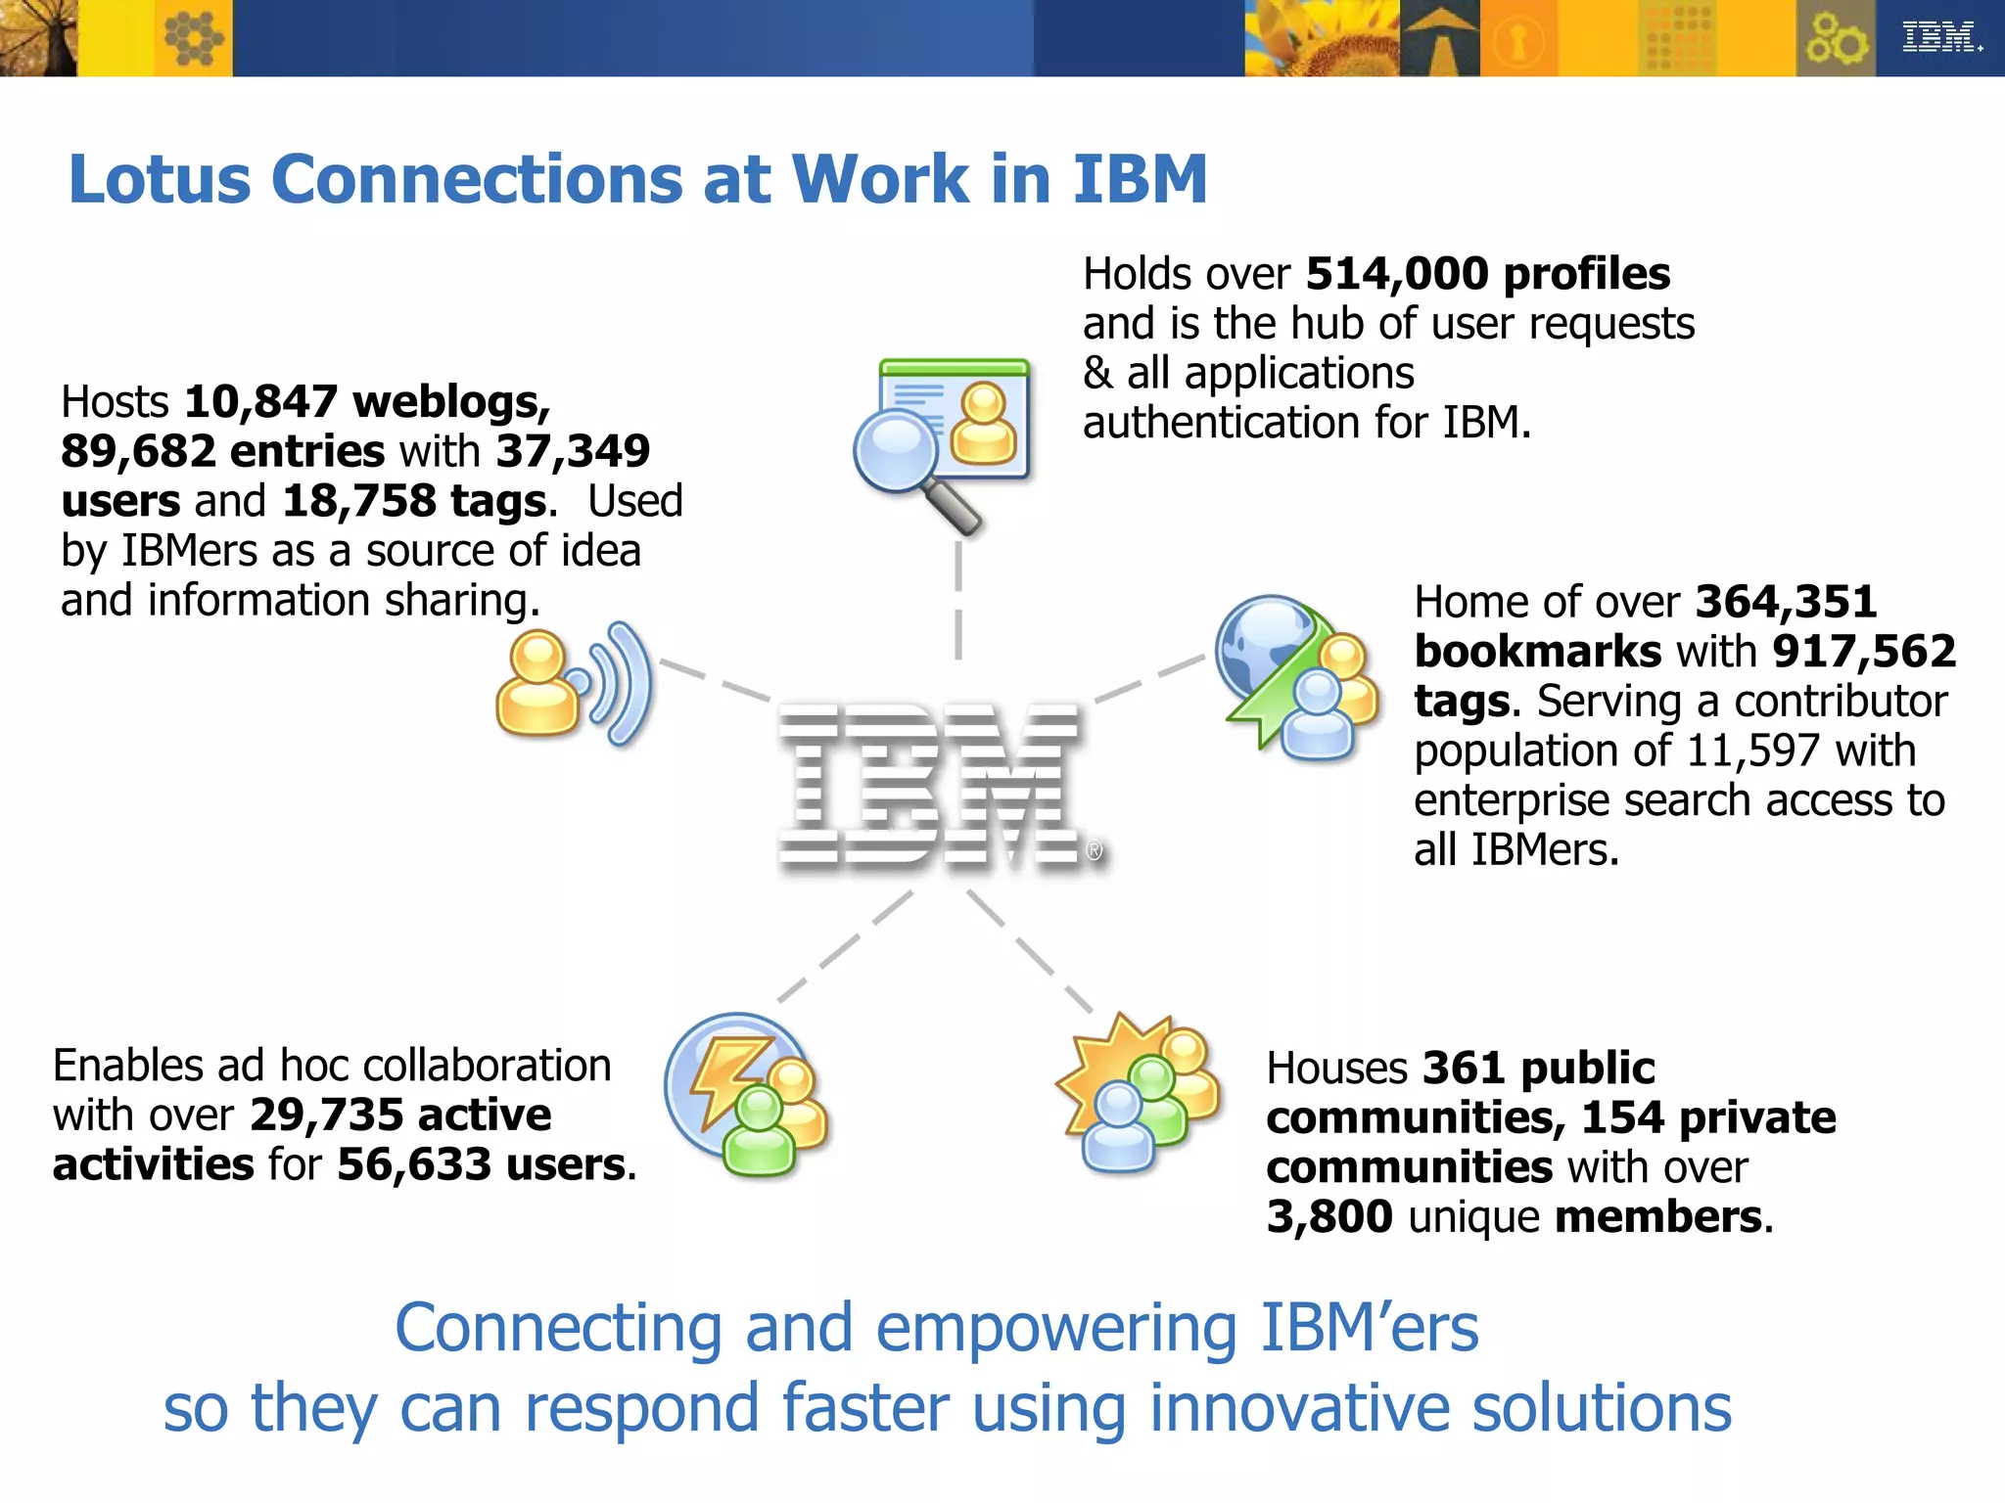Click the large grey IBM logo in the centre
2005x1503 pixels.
pyautogui.click(x=930, y=786)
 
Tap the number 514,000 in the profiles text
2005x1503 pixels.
pyautogui.click(x=1396, y=274)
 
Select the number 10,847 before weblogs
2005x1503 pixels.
pyautogui.click(x=260, y=402)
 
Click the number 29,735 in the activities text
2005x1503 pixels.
pyautogui.click(x=327, y=1116)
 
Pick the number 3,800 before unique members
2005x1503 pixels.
pyautogui.click(x=1329, y=1217)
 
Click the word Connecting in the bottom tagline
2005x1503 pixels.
pyautogui.click(x=558, y=1329)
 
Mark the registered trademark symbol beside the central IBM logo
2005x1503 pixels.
pyautogui.click(x=1094, y=851)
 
